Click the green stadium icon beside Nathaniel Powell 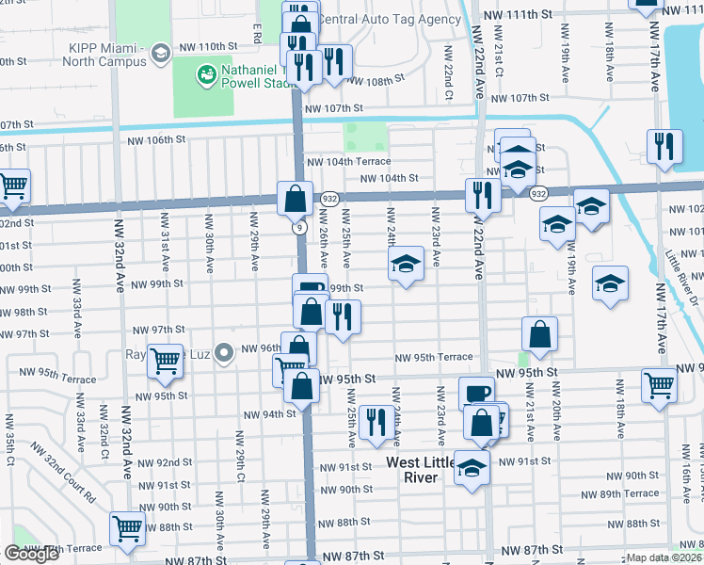(x=204, y=73)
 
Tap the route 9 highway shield (x=297, y=227)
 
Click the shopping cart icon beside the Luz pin (x=165, y=360)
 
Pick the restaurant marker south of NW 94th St (x=375, y=423)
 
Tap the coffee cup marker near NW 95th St (x=475, y=393)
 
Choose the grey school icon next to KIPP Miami (x=160, y=49)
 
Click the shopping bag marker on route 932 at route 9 (x=294, y=198)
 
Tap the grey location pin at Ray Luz (x=223, y=354)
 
